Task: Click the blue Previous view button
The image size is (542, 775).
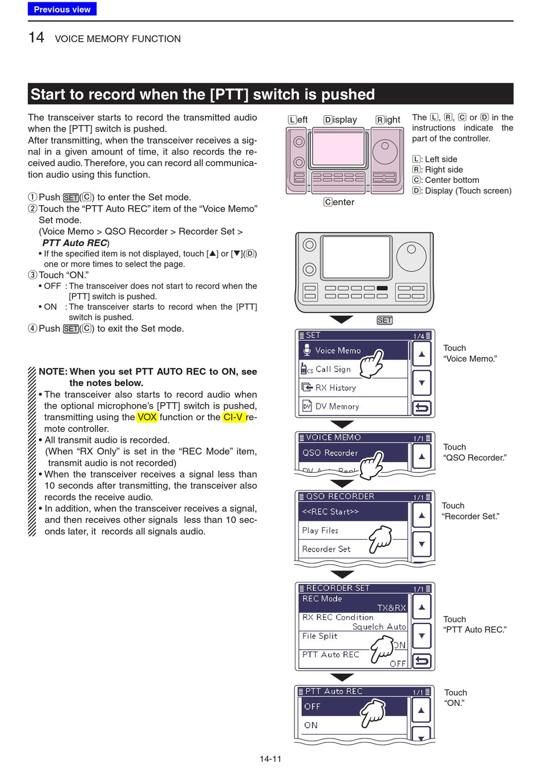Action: pyautogui.click(x=62, y=9)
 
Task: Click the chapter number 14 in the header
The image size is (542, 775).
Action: pyautogui.click(x=37, y=38)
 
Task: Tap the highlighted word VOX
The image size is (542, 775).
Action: pyautogui.click(x=147, y=417)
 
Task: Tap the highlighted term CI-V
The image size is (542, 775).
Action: pyautogui.click(x=233, y=417)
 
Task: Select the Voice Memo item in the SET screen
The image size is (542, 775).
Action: pyautogui.click(x=338, y=350)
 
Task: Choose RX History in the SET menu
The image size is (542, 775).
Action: pyautogui.click(x=335, y=387)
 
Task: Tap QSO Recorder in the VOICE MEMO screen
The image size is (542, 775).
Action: pyautogui.click(x=330, y=453)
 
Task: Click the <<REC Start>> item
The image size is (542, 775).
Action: pyautogui.click(x=330, y=512)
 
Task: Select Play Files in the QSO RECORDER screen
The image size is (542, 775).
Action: pyautogui.click(x=320, y=531)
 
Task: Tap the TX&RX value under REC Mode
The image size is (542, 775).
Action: pyautogui.click(x=391, y=608)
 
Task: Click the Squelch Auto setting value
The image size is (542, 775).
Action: pyautogui.click(x=379, y=627)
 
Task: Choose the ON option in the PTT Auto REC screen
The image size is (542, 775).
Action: pyautogui.click(x=311, y=725)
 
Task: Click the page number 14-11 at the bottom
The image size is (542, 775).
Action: pyautogui.click(x=270, y=759)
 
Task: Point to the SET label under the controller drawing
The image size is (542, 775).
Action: pyautogui.click(x=385, y=320)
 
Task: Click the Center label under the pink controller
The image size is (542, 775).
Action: pyautogui.click(x=339, y=202)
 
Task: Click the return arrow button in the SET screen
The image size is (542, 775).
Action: pyautogui.click(x=422, y=407)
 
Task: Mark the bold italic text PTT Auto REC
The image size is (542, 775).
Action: pyautogui.click(x=75, y=243)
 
